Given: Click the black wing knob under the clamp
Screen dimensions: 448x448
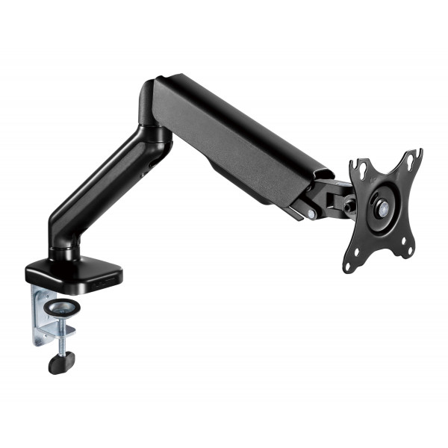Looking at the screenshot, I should [59, 364].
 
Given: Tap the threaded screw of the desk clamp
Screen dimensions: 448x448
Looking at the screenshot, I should [59, 340].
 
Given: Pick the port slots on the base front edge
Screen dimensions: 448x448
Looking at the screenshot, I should [109, 283].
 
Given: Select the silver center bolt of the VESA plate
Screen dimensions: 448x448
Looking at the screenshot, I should [382, 211].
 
